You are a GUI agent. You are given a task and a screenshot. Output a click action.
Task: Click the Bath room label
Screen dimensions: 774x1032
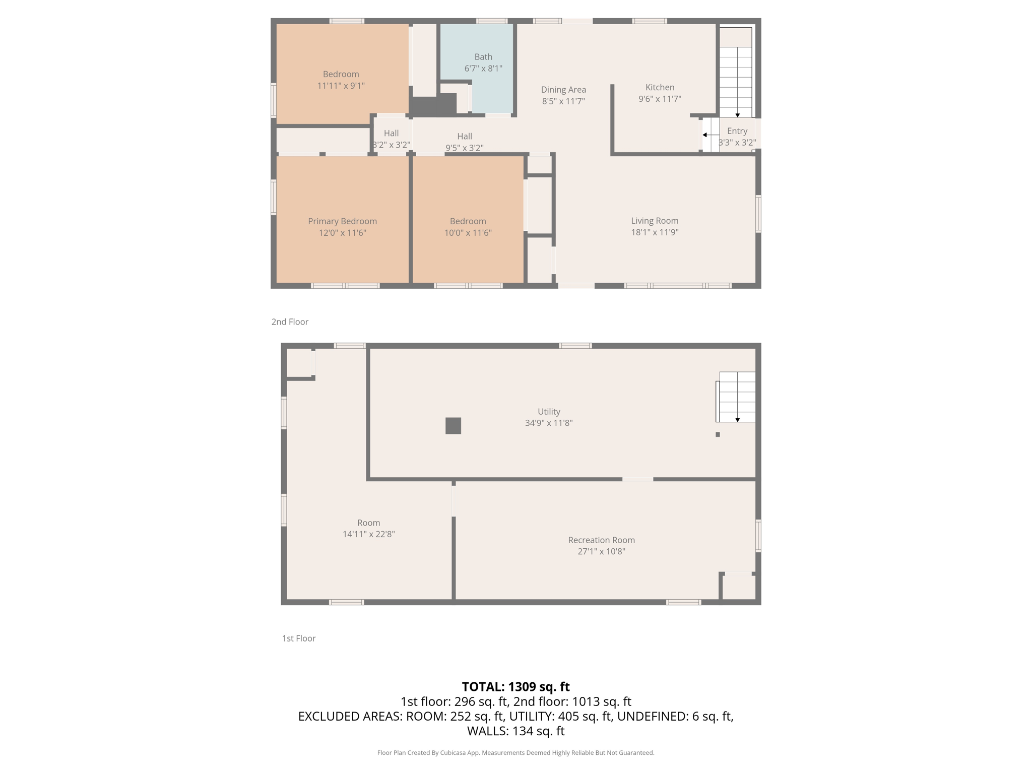(483, 57)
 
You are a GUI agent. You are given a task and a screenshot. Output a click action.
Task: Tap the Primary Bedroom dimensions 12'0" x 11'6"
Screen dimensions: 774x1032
(342, 233)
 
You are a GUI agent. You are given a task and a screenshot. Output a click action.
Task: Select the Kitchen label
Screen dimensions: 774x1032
(660, 87)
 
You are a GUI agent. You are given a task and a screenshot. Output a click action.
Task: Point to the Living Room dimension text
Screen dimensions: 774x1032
(655, 232)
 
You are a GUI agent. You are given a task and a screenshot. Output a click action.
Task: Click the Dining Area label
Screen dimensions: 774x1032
(563, 90)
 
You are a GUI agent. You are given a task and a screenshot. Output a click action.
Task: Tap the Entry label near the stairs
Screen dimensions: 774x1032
(737, 131)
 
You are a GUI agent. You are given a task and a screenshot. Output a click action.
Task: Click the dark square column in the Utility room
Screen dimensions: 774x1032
(453, 426)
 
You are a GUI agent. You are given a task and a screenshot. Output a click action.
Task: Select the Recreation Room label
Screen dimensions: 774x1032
(601, 540)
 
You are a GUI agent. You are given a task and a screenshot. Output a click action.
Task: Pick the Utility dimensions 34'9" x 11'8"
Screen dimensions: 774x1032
(549, 423)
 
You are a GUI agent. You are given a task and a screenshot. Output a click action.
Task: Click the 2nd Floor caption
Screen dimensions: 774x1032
(290, 322)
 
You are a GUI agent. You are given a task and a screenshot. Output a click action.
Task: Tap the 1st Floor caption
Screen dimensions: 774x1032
(299, 638)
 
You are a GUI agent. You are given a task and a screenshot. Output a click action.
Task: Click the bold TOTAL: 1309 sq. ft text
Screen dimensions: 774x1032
(515, 687)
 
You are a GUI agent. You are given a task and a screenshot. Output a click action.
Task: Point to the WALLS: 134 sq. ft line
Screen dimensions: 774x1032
(515, 731)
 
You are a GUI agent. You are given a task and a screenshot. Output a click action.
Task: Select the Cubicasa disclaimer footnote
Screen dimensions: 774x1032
(515, 753)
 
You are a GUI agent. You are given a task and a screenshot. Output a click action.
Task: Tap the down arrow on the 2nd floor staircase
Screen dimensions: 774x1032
(737, 115)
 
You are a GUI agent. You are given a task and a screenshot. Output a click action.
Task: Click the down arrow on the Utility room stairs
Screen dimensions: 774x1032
(737, 420)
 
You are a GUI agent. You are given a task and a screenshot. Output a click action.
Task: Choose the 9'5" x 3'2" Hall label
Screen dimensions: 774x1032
(464, 148)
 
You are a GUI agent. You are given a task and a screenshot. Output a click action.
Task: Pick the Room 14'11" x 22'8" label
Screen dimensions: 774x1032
(368, 529)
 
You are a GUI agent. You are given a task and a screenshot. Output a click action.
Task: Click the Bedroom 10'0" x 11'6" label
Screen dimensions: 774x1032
(468, 227)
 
